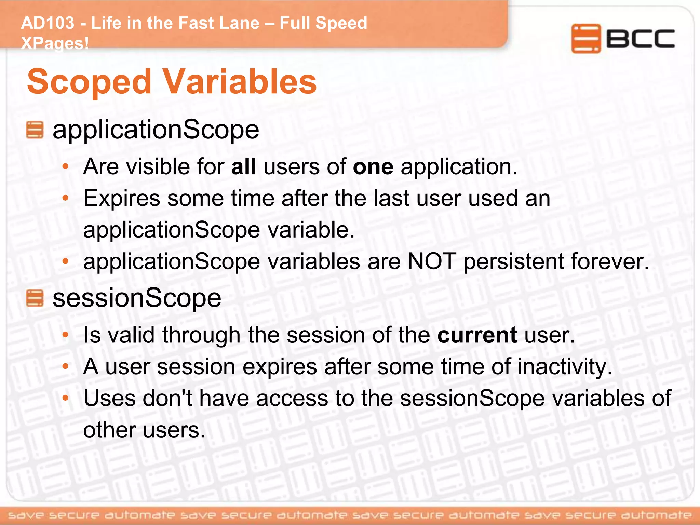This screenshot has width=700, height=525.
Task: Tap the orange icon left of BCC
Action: (585, 38)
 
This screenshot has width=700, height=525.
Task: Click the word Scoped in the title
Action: (89, 82)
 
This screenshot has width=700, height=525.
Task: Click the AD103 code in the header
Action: (48, 23)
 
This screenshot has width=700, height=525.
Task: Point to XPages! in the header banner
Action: (55, 43)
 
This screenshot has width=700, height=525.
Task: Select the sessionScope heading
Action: (137, 298)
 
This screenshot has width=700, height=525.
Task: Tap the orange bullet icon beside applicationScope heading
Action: (35, 130)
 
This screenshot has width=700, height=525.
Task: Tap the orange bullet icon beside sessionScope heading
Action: (35, 298)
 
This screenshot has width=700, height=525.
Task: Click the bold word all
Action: (243, 167)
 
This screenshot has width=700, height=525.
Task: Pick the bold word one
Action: (373, 167)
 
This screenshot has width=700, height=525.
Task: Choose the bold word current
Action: (477, 335)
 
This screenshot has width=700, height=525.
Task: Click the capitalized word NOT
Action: (432, 261)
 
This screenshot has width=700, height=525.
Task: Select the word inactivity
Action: (565, 367)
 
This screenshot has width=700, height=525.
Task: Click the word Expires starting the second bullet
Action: (122, 198)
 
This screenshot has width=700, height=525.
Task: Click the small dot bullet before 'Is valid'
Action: (66, 335)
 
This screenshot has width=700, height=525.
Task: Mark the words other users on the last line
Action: (144, 430)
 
